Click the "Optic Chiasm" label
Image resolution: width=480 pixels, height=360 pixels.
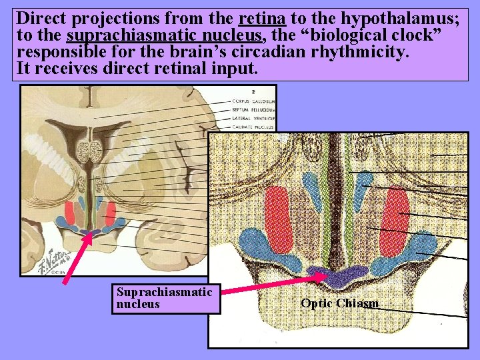339,303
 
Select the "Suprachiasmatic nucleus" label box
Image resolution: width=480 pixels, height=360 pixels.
165,297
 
